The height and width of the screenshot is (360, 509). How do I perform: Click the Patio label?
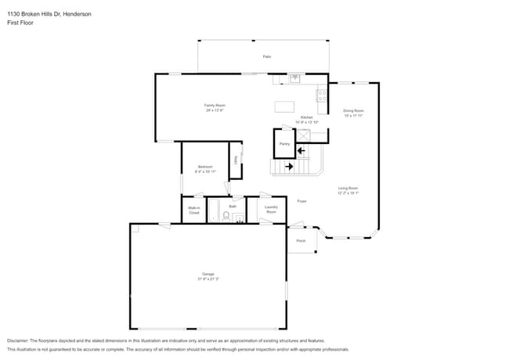click(x=266, y=57)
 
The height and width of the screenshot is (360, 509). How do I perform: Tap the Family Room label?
click(x=215, y=105)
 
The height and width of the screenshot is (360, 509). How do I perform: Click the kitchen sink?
click(x=294, y=78)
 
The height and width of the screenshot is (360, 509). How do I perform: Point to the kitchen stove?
click(x=321, y=95)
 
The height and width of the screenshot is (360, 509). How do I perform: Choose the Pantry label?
click(x=284, y=144)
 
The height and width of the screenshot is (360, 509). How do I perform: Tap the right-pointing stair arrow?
click(x=288, y=166)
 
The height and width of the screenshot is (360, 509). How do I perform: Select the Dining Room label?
click(x=353, y=110)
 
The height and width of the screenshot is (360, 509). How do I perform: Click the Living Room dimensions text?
click(x=348, y=193)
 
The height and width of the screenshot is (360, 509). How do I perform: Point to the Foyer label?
click(x=301, y=201)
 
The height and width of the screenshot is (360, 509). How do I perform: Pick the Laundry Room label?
click(x=271, y=209)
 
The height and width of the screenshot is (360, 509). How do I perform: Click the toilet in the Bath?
click(x=226, y=217)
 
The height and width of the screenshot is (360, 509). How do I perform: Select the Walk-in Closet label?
click(x=193, y=210)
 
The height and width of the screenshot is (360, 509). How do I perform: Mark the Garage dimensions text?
click(x=208, y=279)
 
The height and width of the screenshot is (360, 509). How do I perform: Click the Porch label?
click(x=301, y=240)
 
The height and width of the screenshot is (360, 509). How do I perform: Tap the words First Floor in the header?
click(x=20, y=23)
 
